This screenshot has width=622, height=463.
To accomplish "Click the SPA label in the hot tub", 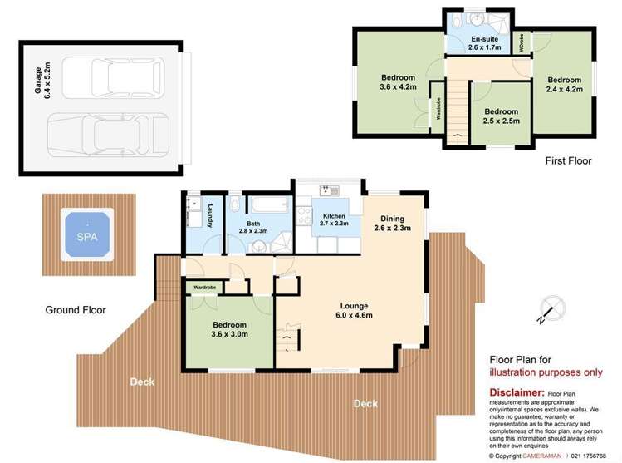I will (x=86, y=237).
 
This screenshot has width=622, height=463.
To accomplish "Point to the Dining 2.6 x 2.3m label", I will (x=393, y=223).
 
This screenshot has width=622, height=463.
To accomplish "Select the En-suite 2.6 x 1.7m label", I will (x=482, y=44).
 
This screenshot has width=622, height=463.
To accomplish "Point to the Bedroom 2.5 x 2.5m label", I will (x=502, y=116).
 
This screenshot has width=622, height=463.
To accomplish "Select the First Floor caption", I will (x=568, y=161).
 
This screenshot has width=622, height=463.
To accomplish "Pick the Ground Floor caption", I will (x=76, y=309).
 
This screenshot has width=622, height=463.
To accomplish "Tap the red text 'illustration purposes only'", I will (x=545, y=372).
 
